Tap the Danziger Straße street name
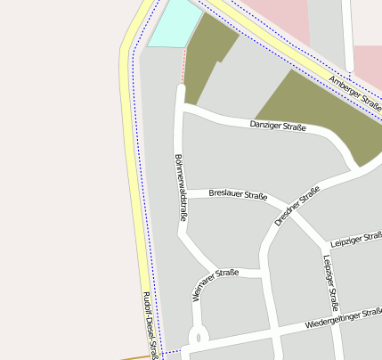click(278, 127)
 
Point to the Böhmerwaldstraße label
click(181, 187)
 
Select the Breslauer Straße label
click(238, 194)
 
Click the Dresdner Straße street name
click(297, 206)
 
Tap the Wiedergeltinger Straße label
click(343, 318)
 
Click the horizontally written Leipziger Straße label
click(354, 240)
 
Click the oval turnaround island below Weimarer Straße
click(197, 338)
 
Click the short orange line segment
click(138, 357)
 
